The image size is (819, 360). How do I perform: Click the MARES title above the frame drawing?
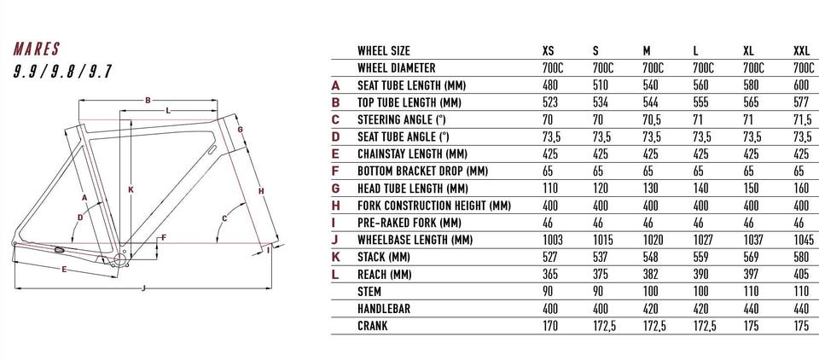37,49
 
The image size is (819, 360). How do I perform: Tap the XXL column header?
801,51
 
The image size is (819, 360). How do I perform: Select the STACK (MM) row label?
383,257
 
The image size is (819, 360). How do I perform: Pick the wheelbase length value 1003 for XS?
553,240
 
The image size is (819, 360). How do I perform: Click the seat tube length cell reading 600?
801,85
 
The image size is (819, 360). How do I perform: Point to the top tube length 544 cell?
651,102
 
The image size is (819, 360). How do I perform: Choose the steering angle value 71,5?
803,119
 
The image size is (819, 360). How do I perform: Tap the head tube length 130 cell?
651,188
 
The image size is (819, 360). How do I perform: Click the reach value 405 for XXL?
801,275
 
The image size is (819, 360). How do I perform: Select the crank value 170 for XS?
550,326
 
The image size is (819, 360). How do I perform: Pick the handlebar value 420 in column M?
651,309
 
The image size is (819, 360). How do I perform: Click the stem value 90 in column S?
598,292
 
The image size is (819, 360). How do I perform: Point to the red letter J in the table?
335,240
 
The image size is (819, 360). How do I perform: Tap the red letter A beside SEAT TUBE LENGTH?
335,85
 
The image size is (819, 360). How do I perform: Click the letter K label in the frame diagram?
131,189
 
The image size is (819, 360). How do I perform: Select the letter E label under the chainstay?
64,270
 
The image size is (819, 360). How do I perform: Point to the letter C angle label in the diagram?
224,218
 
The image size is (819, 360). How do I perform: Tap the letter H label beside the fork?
261,191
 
